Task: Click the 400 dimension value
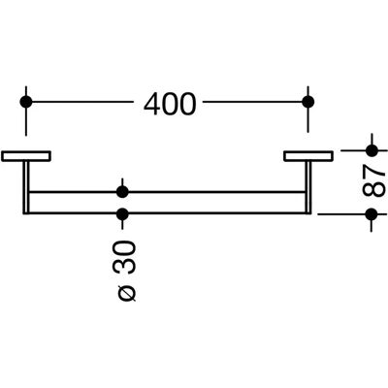[170, 104]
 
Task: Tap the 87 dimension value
[373, 181]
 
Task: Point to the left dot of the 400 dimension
[26, 102]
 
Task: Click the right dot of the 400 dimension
[307, 102]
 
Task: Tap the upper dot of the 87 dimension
[372, 150]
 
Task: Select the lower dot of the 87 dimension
[372, 213]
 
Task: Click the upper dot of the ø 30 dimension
[122, 192]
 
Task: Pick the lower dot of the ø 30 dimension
[122, 213]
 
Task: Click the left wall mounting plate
[26, 156]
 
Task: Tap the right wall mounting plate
[308, 156]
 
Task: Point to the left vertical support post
[26, 187]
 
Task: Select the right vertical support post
[308, 187]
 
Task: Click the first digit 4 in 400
[152, 104]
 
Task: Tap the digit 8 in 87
[373, 189]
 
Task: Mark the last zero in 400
[188, 104]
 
